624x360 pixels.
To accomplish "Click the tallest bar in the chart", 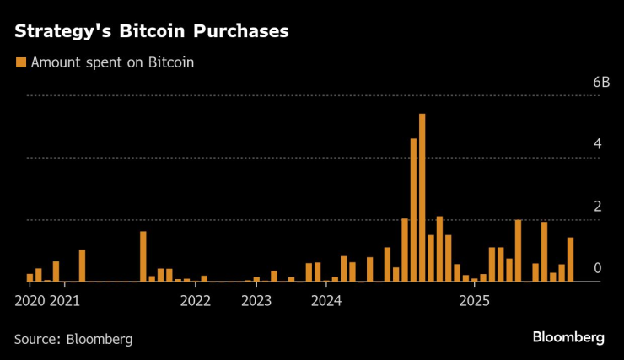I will [422, 198].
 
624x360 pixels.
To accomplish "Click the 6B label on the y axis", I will [600, 83].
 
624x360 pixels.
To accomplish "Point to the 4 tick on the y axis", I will [597, 144].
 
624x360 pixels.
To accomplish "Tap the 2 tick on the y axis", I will [597, 207].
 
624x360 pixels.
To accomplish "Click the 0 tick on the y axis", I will [597, 268].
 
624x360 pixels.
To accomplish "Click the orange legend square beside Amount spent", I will [20, 62].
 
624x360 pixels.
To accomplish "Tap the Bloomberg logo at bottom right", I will [568, 337].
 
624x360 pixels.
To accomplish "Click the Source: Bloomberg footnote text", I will [73, 339].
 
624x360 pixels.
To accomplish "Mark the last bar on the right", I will [570, 260].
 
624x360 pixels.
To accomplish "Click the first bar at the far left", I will [30, 277].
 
